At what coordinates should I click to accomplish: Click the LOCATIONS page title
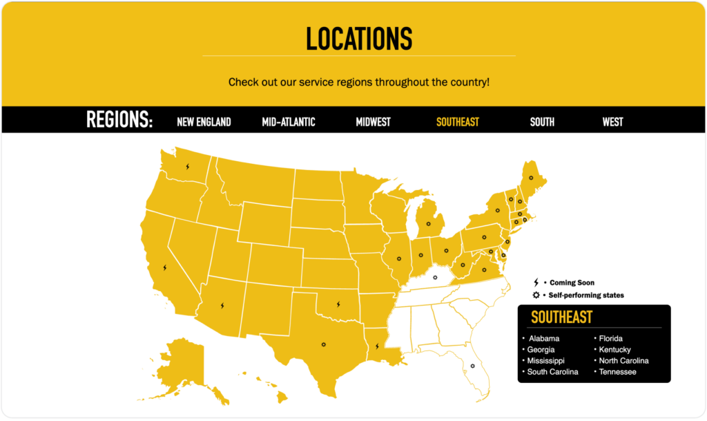click(359, 39)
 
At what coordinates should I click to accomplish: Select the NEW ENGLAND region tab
click(204, 122)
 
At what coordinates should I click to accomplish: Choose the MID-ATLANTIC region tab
click(289, 122)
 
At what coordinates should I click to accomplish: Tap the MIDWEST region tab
click(373, 122)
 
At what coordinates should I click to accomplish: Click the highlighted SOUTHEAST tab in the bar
click(457, 122)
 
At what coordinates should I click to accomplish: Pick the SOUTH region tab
click(542, 122)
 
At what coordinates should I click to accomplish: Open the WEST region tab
click(612, 122)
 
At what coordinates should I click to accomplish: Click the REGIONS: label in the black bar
click(119, 120)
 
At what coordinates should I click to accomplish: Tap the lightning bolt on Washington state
click(187, 167)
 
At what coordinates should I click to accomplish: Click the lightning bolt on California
click(164, 268)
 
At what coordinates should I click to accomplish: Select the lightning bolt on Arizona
click(222, 305)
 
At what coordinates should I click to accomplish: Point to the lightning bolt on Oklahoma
click(338, 303)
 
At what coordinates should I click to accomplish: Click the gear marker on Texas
click(322, 344)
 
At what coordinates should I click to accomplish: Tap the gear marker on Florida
click(472, 366)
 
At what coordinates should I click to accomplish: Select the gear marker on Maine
click(531, 178)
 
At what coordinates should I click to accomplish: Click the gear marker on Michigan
click(428, 224)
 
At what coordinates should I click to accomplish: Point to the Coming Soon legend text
click(572, 283)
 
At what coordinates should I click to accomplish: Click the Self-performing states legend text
click(586, 295)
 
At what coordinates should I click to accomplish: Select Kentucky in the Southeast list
click(614, 350)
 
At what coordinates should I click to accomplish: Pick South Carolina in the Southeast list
click(553, 372)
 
